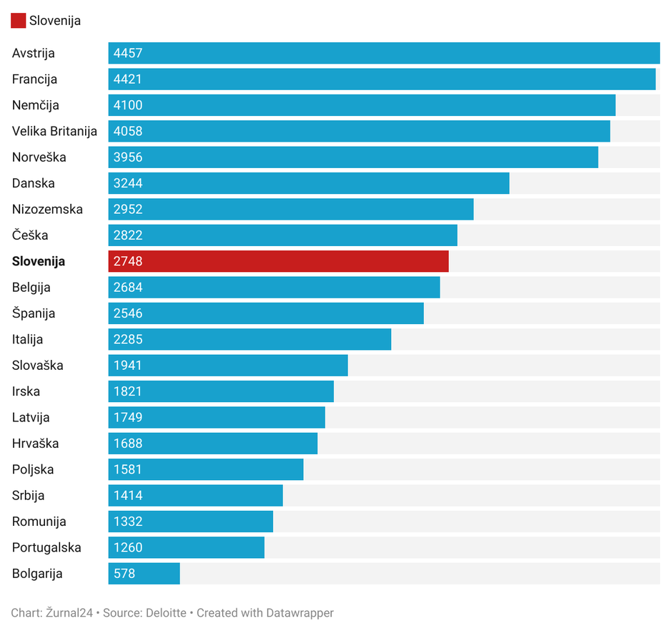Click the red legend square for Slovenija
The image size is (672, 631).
[x=18, y=21]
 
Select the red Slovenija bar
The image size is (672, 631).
[x=278, y=261]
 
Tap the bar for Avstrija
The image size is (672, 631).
[x=384, y=53]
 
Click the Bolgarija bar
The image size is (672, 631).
[x=144, y=574]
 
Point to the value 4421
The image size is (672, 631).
[x=128, y=79]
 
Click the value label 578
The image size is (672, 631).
[x=124, y=574]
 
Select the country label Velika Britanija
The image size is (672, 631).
[x=54, y=132]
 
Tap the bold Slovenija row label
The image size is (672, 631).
[x=39, y=262]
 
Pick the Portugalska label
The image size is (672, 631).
[x=46, y=548]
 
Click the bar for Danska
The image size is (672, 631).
[x=309, y=183]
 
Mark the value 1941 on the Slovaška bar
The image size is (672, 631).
[x=128, y=366]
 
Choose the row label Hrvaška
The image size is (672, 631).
[x=36, y=444]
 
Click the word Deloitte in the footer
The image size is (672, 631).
[x=166, y=613]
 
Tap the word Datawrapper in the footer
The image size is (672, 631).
[x=300, y=613]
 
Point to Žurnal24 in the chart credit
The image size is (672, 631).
[x=70, y=613]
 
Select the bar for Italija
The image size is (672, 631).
[x=249, y=339]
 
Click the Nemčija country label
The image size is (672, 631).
[x=36, y=105]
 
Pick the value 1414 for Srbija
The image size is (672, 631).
[x=128, y=496]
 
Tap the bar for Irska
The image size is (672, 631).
[x=221, y=391]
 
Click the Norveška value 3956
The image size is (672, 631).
[x=128, y=157]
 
